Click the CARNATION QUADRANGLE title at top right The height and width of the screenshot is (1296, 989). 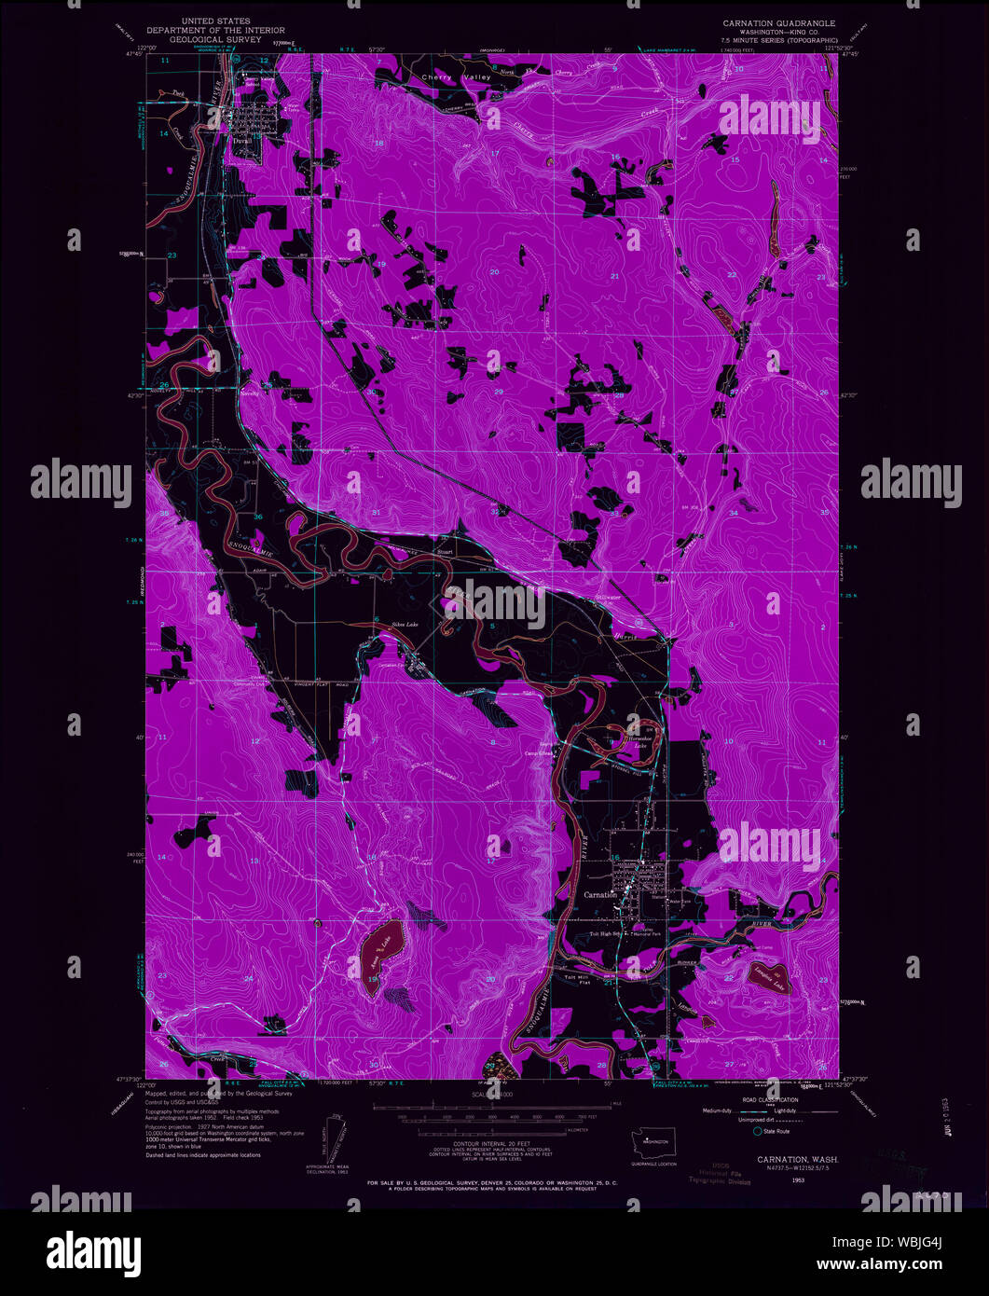pyautogui.click(x=779, y=21)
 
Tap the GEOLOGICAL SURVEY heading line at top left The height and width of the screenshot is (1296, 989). pyautogui.click(x=221, y=40)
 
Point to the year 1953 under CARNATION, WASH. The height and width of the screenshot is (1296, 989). pyautogui.click(x=772, y=1179)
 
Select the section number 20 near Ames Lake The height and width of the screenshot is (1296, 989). pyautogui.click(x=491, y=979)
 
